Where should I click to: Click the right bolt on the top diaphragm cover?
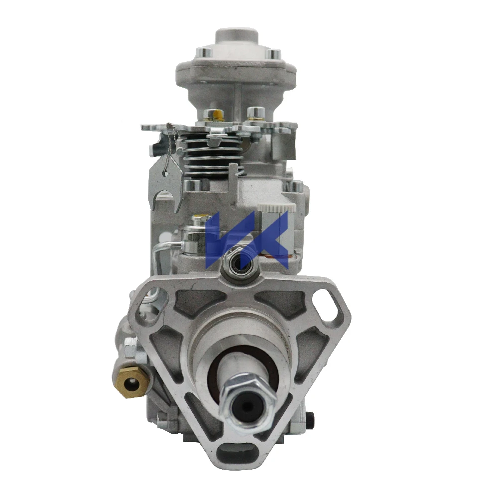point(273,53)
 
